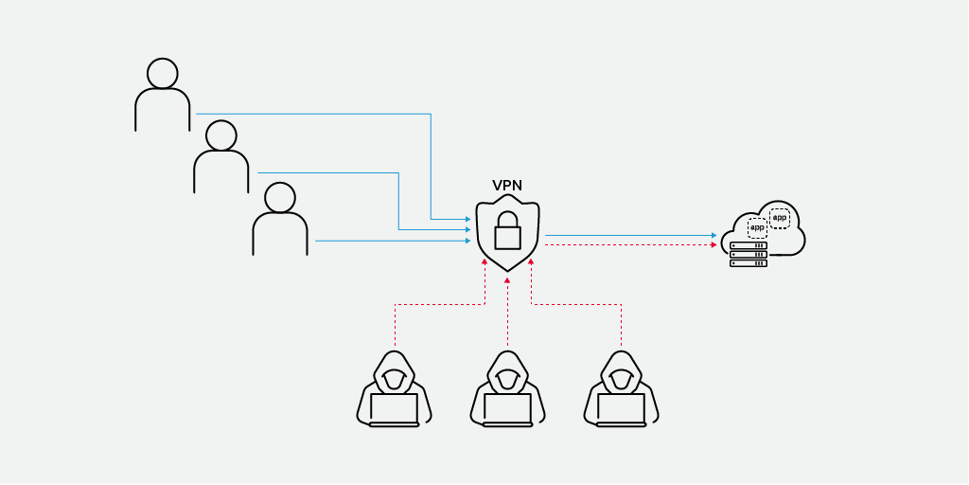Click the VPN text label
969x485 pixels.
pos(508,186)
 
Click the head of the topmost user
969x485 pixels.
pos(163,73)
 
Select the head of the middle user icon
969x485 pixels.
pos(221,135)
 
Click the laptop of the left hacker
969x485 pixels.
pos(394,409)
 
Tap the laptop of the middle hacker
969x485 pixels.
pos(507,409)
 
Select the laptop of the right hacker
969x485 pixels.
pos(621,409)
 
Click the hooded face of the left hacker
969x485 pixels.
pos(394,378)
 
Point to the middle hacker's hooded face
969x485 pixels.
pos(507,378)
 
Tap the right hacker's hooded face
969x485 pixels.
pos(621,378)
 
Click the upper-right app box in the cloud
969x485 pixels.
pos(779,218)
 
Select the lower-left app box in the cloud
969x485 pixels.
pos(757,228)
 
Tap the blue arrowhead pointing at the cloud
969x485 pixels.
pos(714,235)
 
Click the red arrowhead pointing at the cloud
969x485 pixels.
pos(714,245)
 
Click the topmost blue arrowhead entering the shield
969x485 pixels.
pos(467,220)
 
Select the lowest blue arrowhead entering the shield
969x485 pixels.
pos(467,241)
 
